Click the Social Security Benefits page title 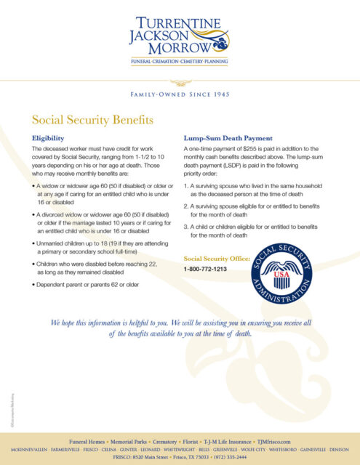pos(93,119)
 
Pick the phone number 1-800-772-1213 pos(205,269)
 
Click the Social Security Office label pos(217,258)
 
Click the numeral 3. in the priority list pos(186,227)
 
